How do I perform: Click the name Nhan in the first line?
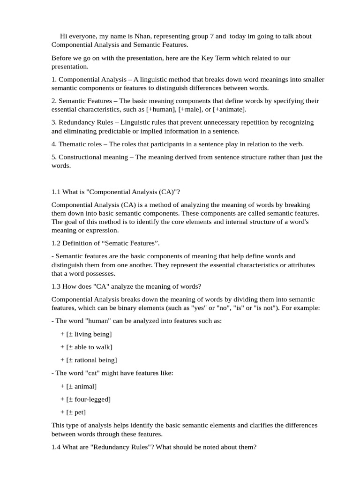click(141, 36)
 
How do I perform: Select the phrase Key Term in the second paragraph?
click(215, 58)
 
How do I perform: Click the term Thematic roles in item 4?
click(81, 144)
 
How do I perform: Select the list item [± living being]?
click(89, 334)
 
